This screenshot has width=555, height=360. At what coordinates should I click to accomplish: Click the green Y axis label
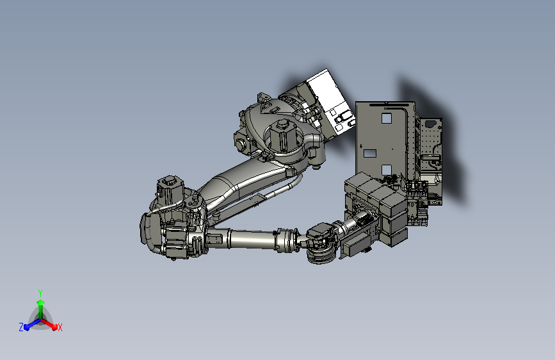point(40,293)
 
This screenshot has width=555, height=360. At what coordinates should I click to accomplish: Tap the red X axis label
point(60,328)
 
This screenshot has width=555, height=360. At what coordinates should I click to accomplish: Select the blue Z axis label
point(21,327)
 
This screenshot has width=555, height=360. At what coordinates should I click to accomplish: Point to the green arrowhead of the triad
point(41,302)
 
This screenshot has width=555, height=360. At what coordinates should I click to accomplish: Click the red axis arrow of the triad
point(49,324)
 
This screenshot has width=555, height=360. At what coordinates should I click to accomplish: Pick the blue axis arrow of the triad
point(32,324)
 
